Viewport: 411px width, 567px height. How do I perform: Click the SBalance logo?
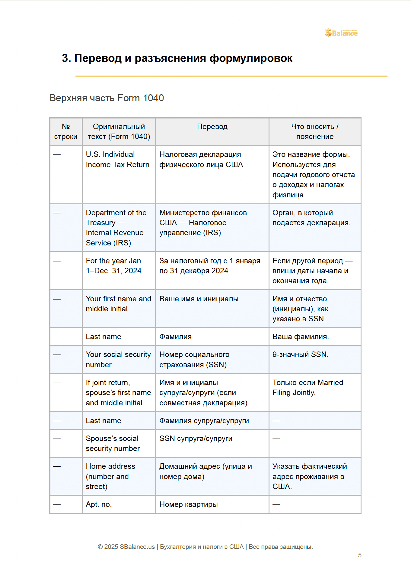coord(341,33)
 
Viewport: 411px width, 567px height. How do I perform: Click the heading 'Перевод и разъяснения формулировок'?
coord(177,58)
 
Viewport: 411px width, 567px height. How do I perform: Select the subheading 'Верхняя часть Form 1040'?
coord(107,98)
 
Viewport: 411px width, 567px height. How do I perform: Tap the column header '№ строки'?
coord(66,131)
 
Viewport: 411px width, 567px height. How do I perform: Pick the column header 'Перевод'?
coord(212,127)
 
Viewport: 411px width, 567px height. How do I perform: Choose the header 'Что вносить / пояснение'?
coord(315,131)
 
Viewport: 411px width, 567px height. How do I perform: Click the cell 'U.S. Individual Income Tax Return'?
coord(117,160)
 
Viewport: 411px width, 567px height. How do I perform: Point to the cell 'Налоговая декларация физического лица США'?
coord(201,160)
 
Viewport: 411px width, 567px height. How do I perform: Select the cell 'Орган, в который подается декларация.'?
coord(311,218)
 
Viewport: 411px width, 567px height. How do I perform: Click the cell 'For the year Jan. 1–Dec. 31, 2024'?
coord(114,266)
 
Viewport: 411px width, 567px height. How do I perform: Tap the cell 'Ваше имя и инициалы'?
coord(199,299)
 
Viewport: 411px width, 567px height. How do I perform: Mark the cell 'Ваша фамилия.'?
coord(301,337)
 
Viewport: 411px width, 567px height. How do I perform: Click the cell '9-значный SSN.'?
coord(300,355)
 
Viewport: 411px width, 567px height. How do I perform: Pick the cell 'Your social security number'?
coord(118,359)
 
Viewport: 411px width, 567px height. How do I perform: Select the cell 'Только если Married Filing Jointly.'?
coord(307,387)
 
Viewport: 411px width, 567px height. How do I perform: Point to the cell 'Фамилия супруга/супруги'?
coord(204,421)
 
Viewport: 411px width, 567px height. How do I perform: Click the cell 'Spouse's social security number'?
coord(113,443)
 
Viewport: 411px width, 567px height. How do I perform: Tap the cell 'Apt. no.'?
coord(99,504)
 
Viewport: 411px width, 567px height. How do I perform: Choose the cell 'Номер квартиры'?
coord(188,504)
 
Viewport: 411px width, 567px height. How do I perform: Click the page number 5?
coord(359,555)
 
